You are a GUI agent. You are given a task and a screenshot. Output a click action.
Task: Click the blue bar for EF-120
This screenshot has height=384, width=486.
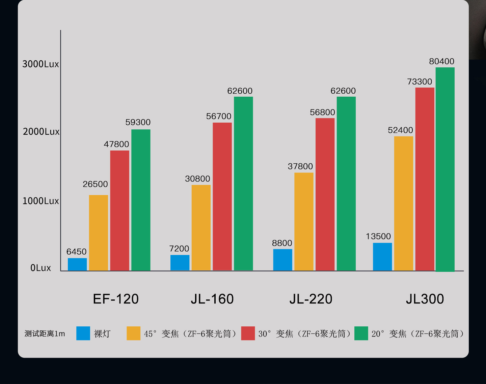[77, 264]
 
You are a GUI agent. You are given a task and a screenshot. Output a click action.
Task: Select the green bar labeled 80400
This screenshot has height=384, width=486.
[445, 168]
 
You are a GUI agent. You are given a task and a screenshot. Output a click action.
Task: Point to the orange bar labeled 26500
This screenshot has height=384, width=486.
[99, 232]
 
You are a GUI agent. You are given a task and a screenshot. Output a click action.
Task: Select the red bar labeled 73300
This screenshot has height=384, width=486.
[425, 179]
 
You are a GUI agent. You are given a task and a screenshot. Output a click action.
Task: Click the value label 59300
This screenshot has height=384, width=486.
[138, 122]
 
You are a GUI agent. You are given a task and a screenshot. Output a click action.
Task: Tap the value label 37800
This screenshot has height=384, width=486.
[300, 166]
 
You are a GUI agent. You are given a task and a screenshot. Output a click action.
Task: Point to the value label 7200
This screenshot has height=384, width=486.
[179, 249]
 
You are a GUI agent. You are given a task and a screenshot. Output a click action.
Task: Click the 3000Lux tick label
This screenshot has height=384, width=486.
[40, 64]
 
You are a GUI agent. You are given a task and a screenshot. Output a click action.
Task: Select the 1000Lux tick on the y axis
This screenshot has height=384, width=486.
[40, 201]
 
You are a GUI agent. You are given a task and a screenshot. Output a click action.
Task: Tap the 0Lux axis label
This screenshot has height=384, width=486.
[40, 268]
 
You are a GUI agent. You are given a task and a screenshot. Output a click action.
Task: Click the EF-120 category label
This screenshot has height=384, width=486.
[116, 299]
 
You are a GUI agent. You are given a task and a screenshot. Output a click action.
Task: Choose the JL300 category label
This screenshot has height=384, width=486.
[425, 299]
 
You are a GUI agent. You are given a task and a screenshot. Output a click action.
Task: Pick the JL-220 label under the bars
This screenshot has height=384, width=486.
[311, 299]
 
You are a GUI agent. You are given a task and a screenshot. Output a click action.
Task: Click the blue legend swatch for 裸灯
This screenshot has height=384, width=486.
[83, 333]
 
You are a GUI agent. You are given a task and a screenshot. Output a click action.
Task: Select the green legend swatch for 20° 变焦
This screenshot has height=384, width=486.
[361, 333]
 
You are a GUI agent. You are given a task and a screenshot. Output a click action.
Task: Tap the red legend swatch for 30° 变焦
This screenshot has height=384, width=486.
[248, 333]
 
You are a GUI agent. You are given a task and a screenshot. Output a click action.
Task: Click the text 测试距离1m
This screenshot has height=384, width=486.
[45, 334]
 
